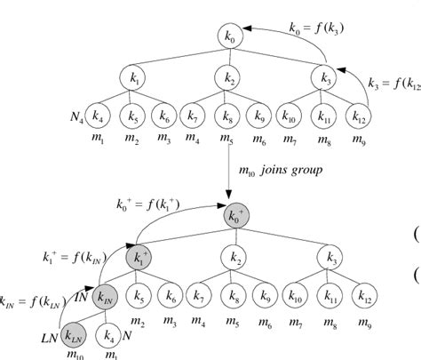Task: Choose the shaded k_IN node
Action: click(x=105, y=294)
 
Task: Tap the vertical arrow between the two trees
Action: click(x=227, y=169)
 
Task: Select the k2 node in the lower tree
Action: click(x=228, y=257)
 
